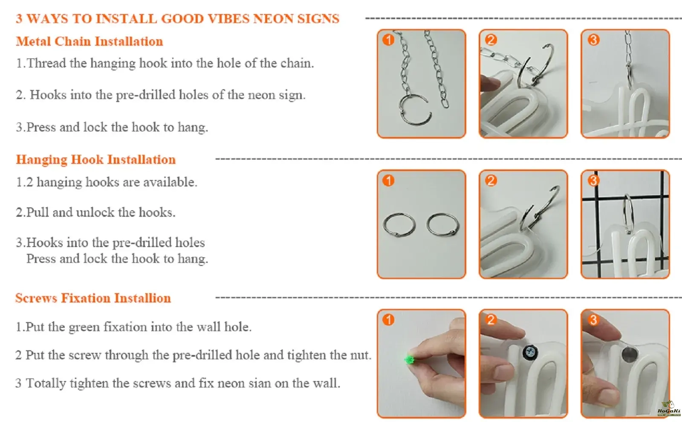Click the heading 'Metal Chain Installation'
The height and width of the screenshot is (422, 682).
90,41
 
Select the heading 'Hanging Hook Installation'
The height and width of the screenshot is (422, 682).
96,160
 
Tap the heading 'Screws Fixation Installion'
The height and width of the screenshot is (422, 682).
93,298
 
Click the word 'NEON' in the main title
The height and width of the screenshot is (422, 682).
272,19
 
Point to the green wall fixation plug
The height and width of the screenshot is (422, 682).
409,360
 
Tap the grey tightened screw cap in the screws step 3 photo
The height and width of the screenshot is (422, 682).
629,355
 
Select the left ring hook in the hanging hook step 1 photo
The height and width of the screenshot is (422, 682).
399,225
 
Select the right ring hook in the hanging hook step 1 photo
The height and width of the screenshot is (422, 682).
443,224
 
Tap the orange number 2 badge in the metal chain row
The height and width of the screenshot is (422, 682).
491,40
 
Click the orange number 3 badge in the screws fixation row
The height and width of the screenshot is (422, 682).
593,320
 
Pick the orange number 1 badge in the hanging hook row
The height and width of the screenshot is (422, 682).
388,180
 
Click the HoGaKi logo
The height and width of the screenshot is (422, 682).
668,409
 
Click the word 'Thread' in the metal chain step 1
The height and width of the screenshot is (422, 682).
46,64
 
